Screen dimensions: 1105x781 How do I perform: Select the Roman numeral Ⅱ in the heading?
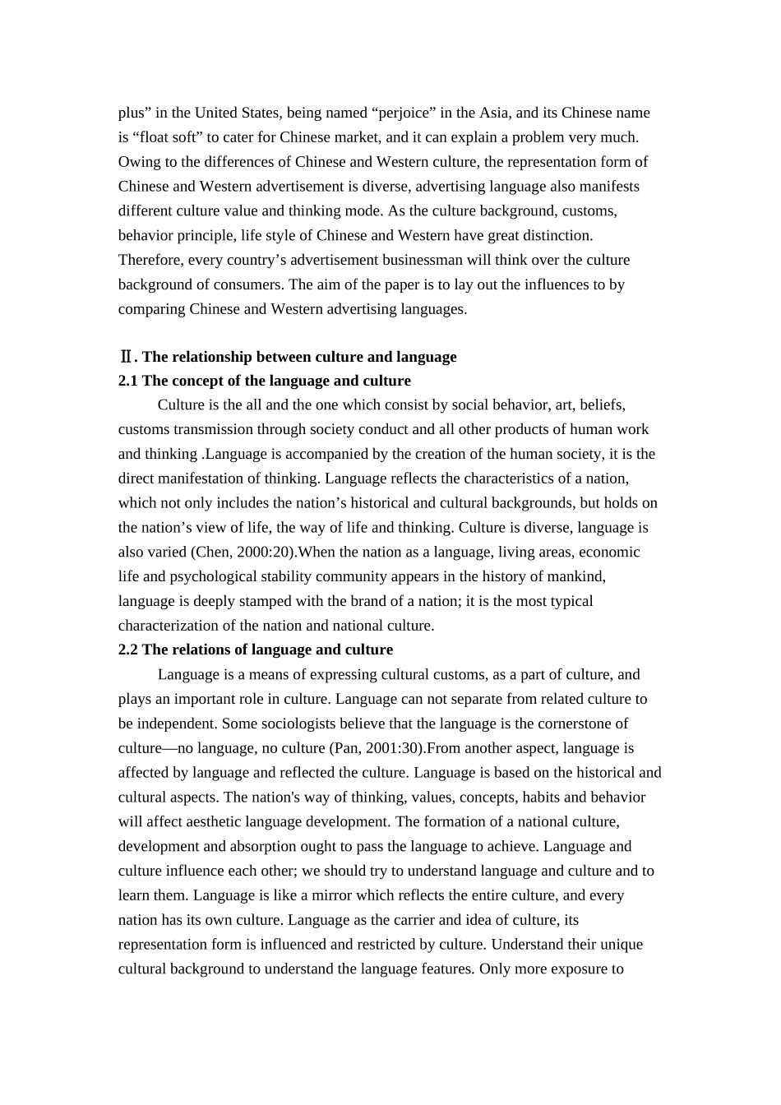[x=126, y=357]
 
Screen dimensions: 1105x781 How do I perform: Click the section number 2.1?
[x=128, y=381]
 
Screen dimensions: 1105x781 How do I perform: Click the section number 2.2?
[x=128, y=650]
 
